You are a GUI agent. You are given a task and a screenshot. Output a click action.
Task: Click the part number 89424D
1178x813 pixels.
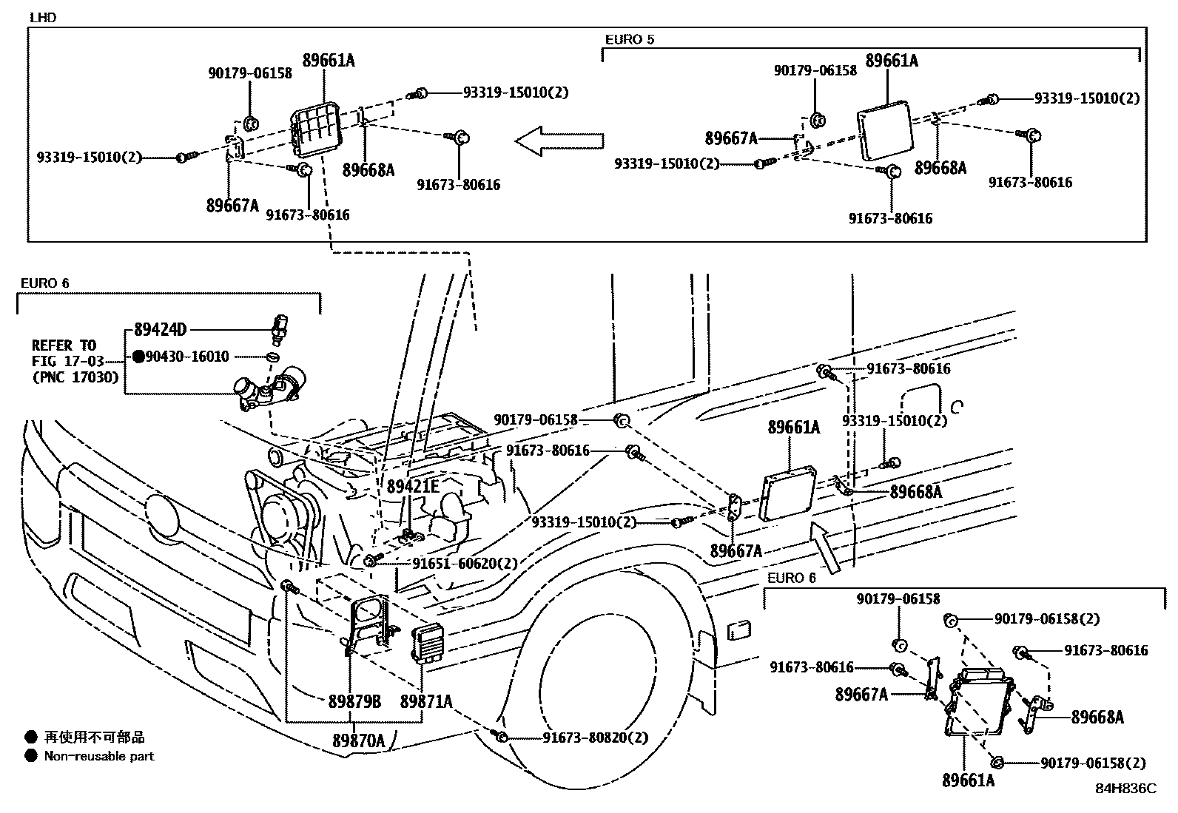click(160, 330)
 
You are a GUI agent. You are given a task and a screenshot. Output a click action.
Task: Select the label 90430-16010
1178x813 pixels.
click(187, 357)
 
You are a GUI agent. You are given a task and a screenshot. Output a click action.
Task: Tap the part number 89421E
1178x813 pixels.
click(413, 486)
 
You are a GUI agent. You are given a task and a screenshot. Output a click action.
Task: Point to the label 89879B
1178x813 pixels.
click(354, 701)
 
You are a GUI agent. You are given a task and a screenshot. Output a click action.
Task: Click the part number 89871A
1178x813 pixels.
click(426, 701)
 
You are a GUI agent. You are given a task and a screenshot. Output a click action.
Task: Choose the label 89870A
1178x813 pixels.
click(358, 741)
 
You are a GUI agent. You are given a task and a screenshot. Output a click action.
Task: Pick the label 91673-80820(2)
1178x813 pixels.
click(595, 738)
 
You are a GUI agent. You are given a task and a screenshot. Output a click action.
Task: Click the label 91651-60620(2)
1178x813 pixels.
click(465, 563)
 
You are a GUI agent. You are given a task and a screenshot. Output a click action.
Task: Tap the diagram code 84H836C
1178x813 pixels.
click(1125, 789)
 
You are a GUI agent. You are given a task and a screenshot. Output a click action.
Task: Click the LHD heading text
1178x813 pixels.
click(43, 18)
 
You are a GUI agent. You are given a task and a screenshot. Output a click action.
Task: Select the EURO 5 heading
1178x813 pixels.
click(630, 40)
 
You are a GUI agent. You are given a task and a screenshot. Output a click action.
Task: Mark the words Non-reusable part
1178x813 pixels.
click(99, 756)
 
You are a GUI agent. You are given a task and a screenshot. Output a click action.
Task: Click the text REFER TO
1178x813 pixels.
click(64, 345)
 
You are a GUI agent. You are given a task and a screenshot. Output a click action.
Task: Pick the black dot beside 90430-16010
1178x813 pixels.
click(138, 357)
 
